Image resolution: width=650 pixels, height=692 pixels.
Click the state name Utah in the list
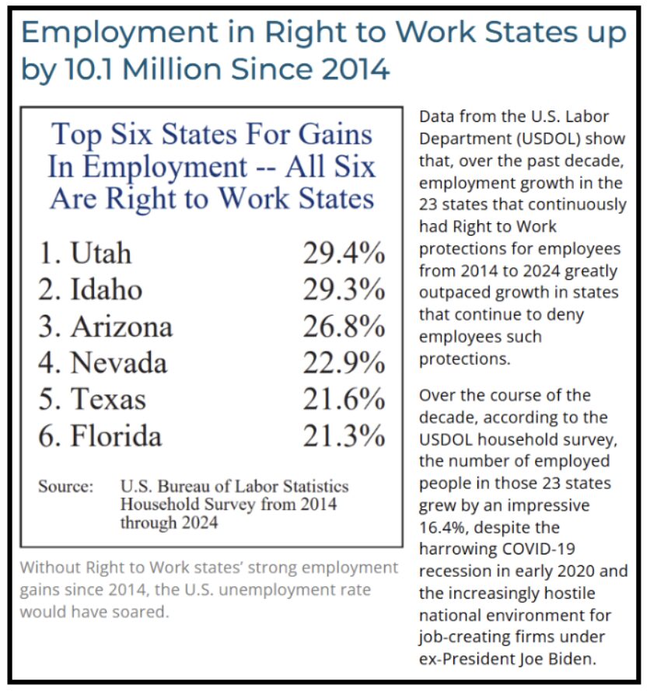100,253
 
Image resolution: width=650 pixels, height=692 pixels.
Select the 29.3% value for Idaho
344,289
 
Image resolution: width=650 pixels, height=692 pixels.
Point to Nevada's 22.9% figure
344,362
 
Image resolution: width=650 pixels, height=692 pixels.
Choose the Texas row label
108,399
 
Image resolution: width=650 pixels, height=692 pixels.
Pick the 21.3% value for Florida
344,435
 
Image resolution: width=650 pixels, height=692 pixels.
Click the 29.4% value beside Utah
344,253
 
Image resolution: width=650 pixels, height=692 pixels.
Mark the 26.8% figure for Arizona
344,326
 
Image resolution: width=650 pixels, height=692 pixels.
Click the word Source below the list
66,487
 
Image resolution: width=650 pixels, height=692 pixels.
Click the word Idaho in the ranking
107,289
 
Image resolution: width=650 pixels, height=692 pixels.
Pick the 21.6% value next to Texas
344,399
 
